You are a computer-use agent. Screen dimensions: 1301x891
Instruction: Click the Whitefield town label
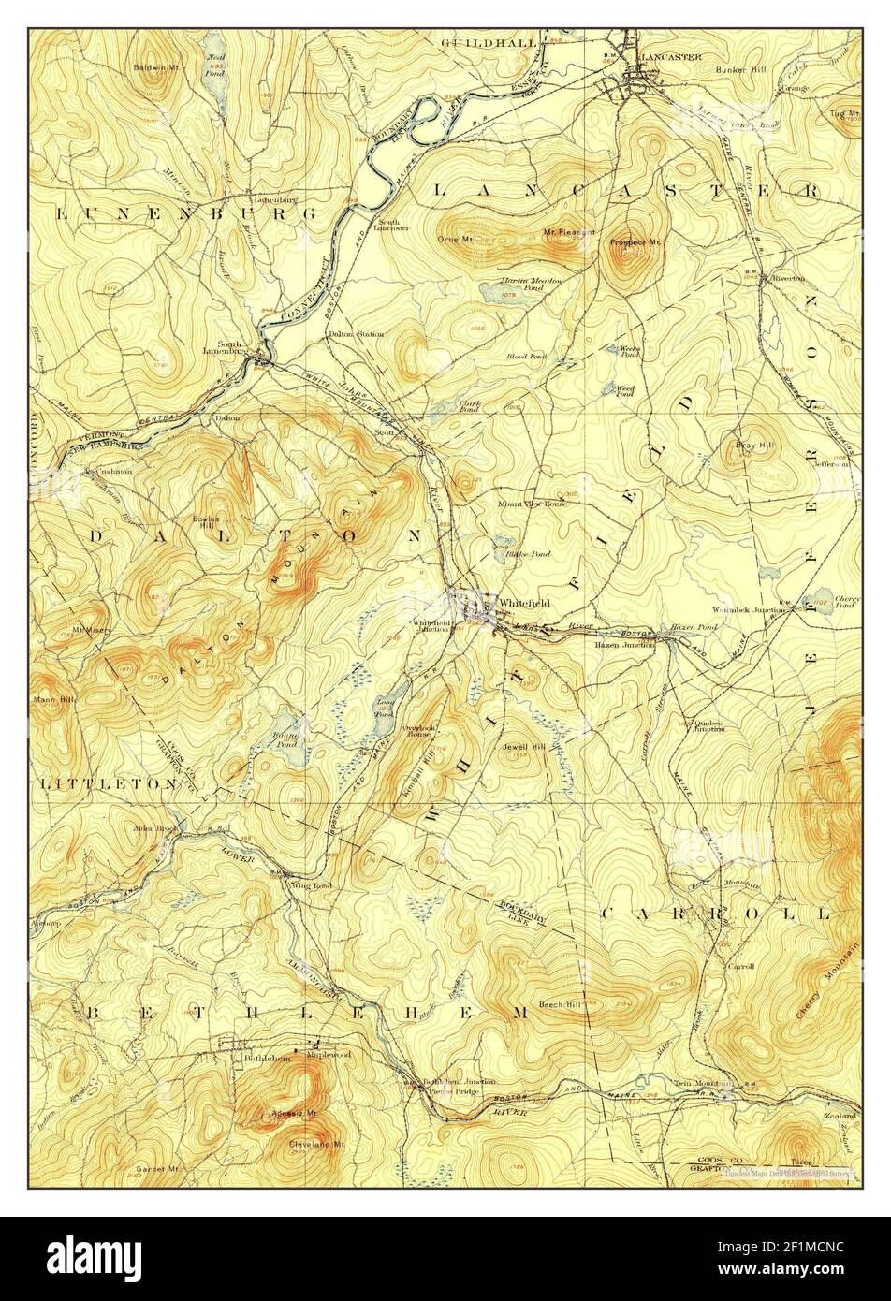point(521,602)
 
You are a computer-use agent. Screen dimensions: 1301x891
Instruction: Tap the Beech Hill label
point(560,1005)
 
